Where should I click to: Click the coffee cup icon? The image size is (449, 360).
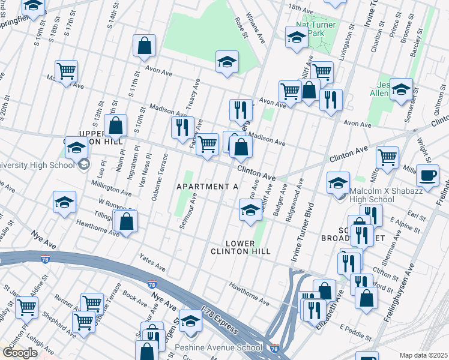(427, 175)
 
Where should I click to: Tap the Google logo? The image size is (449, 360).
(20, 353)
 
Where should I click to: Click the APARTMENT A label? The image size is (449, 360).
(207, 187)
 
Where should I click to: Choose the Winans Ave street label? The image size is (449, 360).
(256, 30)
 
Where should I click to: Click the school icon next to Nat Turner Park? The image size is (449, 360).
(297, 38)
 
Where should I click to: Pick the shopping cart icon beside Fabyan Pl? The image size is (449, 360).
(207, 144)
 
